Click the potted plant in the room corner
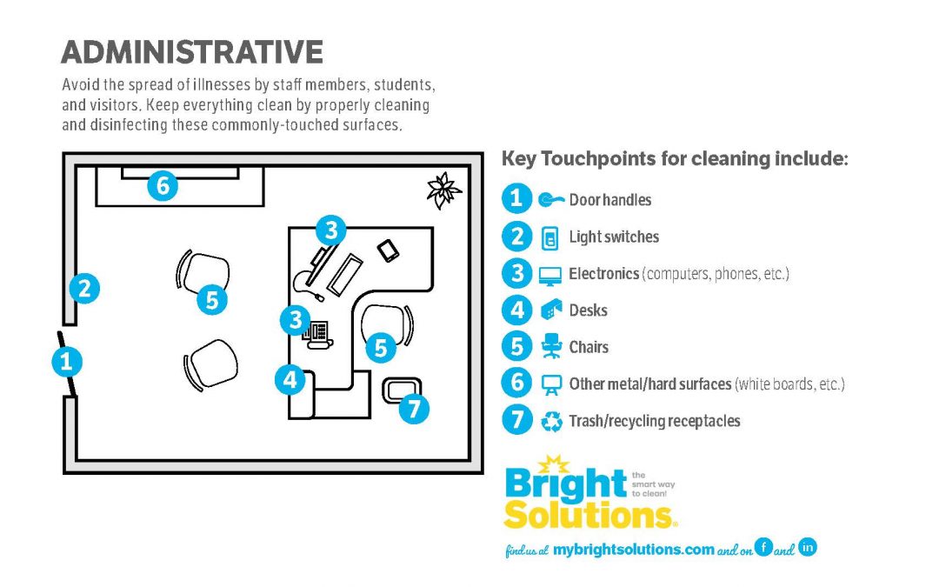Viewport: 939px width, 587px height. pyautogui.click(x=443, y=190)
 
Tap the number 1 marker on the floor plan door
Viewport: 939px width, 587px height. pyautogui.click(x=66, y=361)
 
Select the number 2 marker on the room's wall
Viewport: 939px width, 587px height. pyautogui.click(x=84, y=288)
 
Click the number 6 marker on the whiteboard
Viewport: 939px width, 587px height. pyautogui.click(x=163, y=185)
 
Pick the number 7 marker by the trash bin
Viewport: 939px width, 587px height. pyautogui.click(x=414, y=409)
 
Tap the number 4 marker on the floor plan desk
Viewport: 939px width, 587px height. pyautogui.click(x=290, y=380)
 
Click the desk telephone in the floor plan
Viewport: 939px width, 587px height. pyautogui.click(x=317, y=334)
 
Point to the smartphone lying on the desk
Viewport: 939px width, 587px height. pyautogui.click(x=388, y=250)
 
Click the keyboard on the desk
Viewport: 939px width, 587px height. pyautogui.click(x=345, y=274)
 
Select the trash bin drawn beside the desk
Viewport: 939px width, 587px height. pyautogui.click(x=402, y=390)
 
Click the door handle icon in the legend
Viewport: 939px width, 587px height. pyautogui.click(x=550, y=199)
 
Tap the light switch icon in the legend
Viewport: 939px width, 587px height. pyautogui.click(x=549, y=237)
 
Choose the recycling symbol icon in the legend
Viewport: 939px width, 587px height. pyautogui.click(x=551, y=421)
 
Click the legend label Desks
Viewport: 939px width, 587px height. pyautogui.click(x=588, y=310)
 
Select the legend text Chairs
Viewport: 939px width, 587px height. pyautogui.click(x=589, y=347)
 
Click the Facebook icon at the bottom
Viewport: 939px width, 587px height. pyautogui.click(x=763, y=547)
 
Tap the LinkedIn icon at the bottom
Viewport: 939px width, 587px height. pyautogui.click(x=807, y=547)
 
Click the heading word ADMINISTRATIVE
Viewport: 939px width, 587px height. pyautogui.click(x=192, y=52)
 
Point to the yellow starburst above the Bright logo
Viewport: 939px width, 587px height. pyautogui.click(x=554, y=464)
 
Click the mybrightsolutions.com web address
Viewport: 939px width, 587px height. pyautogui.click(x=634, y=550)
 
